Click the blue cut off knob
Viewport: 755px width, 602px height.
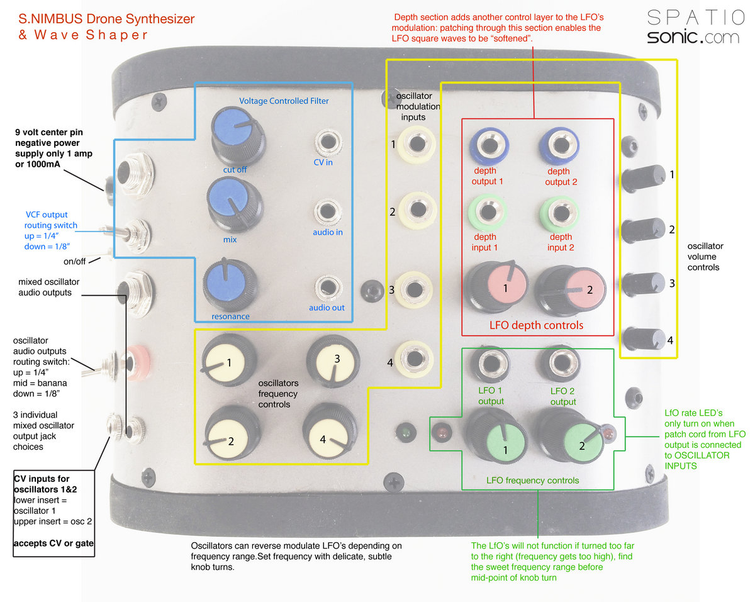click(x=232, y=128)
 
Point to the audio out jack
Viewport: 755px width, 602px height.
click(x=327, y=287)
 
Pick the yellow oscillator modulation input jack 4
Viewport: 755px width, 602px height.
click(x=414, y=359)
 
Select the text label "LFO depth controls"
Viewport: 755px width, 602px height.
click(x=536, y=325)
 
